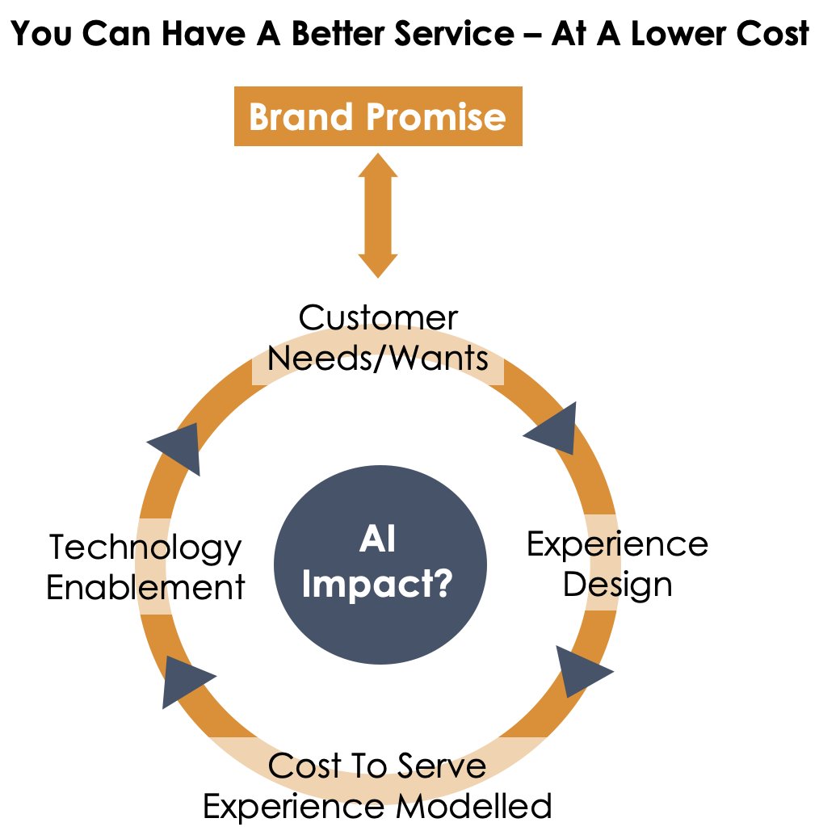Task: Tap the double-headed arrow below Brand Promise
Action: pyautogui.click(x=378, y=216)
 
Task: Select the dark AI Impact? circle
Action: pyautogui.click(x=380, y=563)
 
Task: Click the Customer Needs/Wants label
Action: pyautogui.click(x=378, y=338)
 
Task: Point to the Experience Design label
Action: pyautogui.click(x=617, y=564)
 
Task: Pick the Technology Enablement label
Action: pyautogui.click(x=145, y=567)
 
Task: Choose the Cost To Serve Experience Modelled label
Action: pyautogui.click(x=377, y=785)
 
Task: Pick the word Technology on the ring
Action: pyautogui.click(x=145, y=548)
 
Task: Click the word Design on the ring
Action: pyautogui.click(x=617, y=584)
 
